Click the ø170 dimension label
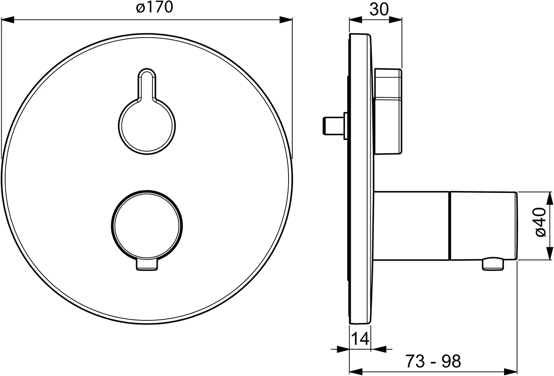tap(154, 7)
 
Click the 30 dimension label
tap(379, 10)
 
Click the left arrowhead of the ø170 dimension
tap(7, 20)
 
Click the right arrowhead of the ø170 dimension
tap(286, 20)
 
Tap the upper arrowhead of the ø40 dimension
tap(550, 198)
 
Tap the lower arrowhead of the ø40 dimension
tap(550, 254)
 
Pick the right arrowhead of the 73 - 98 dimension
tap(511, 372)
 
